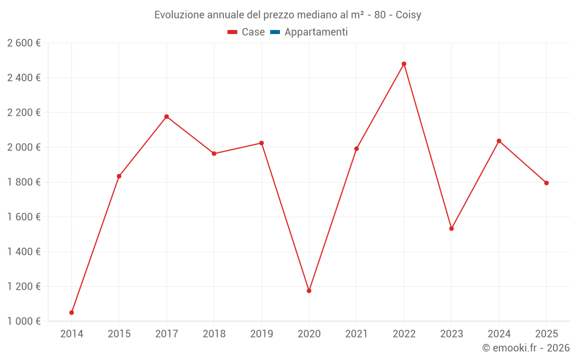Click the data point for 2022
(x=404, y=64)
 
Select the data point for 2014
(x=71, y=313)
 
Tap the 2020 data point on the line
(x=309, y=291)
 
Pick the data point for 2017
(x=166, y=117)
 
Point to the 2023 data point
(x=452, y=229)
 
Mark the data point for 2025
(x=546, y=183)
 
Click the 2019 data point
(x=262, y=143)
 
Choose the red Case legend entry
(x=247, y=32)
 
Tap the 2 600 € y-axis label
(x=24, y=43)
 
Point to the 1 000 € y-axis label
(x=24, y=321)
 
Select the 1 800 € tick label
(x=24, y=182)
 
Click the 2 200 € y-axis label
(x=24, y=113)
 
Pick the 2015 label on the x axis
(x=119, y=334)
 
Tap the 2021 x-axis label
(x=357, y=334)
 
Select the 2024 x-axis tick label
(x=499, y=334)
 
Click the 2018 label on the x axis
(x=214, y=334)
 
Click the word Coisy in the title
(x=408, y=15)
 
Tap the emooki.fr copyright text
(x=526, y=348)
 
